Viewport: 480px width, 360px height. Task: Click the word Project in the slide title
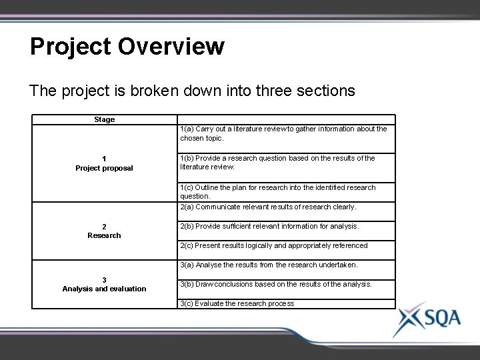tap(71, 47)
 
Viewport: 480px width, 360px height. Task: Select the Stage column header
tap(105, 119)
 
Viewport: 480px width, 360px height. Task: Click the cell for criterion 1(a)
tap(283, 133)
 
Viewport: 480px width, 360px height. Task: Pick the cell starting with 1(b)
tap(278, 163)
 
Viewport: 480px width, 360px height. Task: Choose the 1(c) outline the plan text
tap(278, 192)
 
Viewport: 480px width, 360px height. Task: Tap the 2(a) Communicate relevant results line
tap(268, 207)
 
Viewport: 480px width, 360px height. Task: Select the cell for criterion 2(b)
tap(269, 226)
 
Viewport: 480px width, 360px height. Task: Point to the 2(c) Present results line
tap(273, 245)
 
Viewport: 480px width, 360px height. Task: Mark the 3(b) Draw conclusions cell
tap(276, 284)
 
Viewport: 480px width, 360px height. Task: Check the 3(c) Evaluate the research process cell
tap(237, 303)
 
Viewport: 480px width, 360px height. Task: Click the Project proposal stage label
tap(104, 168)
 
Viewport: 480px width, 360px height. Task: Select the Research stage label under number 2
tap(105, 235)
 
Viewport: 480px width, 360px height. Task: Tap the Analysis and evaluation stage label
tap(104, 289)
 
